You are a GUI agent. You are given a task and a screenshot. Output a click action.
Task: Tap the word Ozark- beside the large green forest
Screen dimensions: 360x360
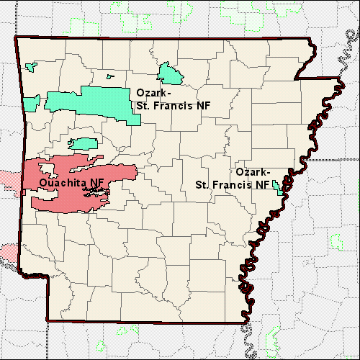(154, 93)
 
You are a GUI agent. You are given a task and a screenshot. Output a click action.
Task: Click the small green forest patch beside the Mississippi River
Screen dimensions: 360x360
(279, 189)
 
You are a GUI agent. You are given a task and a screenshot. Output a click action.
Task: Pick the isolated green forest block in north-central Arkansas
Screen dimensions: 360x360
(171, 73)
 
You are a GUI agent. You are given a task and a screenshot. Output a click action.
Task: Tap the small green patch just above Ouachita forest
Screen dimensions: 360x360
(84, 143)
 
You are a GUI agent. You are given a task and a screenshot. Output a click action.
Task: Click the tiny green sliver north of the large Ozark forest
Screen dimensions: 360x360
(110, 76)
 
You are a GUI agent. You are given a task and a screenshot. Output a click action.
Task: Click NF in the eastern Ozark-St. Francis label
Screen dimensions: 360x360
(262, 184)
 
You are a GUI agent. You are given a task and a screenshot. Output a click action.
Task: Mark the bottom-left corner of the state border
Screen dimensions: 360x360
(48, 320)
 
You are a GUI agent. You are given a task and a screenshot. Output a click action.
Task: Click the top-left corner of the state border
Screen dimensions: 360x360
(16, 36)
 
